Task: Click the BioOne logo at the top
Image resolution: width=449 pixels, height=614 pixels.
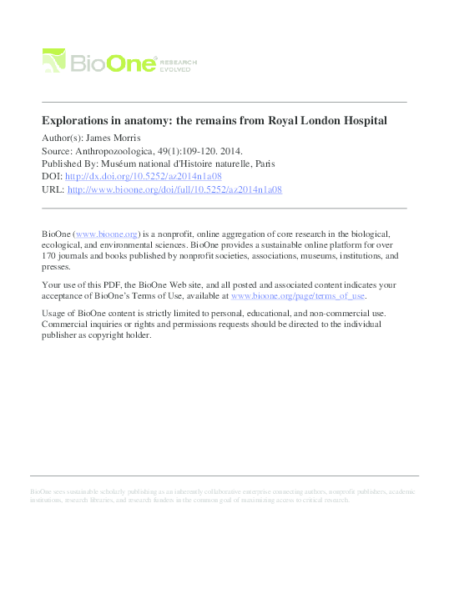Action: pos(99,60)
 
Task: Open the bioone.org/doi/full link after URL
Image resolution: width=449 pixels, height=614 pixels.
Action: pos(174,190)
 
